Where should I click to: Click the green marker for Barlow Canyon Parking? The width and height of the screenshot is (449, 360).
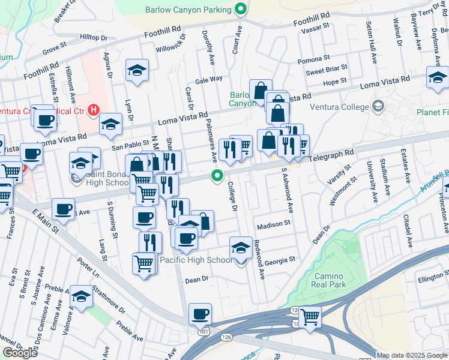pos(241,9)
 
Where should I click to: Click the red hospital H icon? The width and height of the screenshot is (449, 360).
pos(93,110)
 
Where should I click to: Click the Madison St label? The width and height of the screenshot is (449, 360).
pos(273,225)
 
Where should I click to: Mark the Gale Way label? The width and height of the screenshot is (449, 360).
pos(208,79)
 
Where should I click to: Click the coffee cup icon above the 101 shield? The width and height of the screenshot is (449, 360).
pos(200,313)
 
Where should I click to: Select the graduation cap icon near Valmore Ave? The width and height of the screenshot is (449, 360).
pos(81,295)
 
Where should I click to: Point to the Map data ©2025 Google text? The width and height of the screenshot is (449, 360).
pos(411,355)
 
